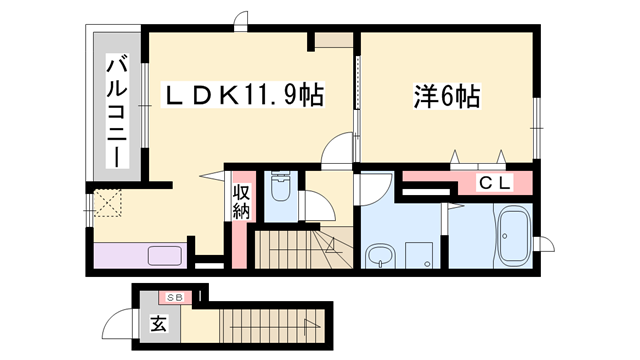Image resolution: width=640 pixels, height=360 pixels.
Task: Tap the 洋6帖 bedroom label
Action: coord(445,97)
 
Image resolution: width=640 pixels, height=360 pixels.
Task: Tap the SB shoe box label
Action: coord(174,298)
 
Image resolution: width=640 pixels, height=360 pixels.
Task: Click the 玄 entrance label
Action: coord(160,324)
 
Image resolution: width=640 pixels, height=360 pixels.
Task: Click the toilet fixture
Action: coord(280,189)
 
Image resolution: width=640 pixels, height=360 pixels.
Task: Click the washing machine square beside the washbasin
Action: coord(418,256)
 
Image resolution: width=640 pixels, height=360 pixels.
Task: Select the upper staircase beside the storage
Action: coord(295,247)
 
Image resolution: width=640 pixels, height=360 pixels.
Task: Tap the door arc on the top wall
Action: coord(240,20)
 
